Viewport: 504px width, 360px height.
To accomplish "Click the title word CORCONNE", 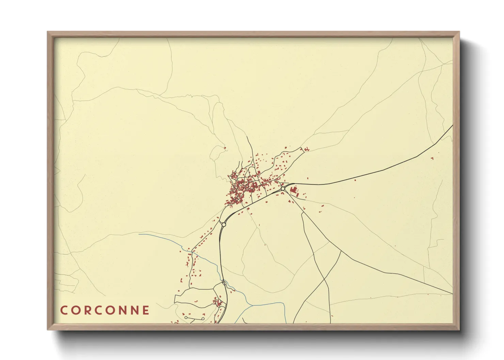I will [105, 310].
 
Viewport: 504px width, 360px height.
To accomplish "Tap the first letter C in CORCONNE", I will [64, 310].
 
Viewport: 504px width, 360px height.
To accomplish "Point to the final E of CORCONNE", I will [146, 310].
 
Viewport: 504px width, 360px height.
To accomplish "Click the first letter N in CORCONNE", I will [123, 310].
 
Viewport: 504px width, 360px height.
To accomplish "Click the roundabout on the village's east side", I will [283, 189].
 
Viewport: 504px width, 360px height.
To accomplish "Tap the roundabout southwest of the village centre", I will [224, 225].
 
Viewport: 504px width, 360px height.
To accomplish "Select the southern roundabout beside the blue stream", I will [224, 283].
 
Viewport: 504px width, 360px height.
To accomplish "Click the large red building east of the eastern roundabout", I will [294, 190].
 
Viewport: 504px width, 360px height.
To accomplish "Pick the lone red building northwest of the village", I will [225, 148].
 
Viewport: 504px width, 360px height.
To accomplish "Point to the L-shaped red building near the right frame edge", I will [432, 158].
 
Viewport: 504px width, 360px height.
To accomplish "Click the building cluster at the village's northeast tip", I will [306, 149].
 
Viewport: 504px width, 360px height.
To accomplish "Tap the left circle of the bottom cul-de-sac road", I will [186, 317].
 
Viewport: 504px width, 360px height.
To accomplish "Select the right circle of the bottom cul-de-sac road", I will [203, 319].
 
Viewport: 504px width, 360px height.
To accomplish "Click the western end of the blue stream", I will [139, 234].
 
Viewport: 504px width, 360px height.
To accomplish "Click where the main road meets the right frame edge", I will [453, 126].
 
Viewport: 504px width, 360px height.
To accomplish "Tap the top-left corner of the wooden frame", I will [48, 32].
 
